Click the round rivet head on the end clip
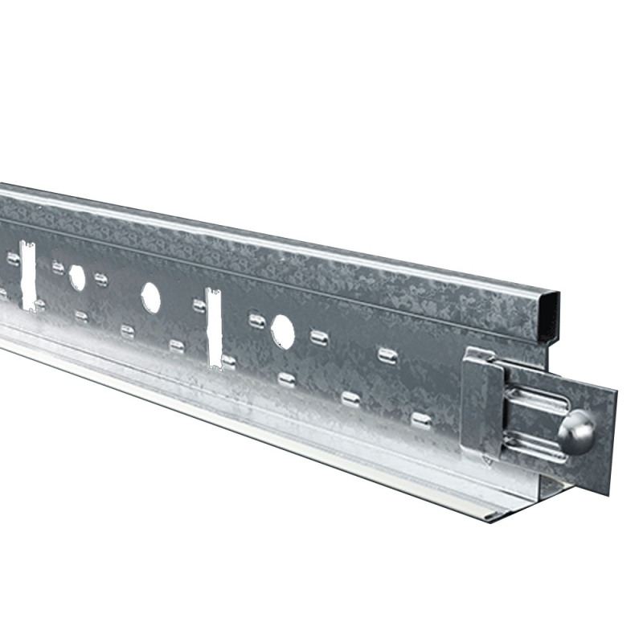coord(576,432)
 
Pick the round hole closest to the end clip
coord(283,331)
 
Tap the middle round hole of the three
coord(150,297)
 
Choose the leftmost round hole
coord(77,278)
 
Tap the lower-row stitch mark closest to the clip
coord(421,420)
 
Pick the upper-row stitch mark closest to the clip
coord(388,354)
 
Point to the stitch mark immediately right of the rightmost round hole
coord(319,337)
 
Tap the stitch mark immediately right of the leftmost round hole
coord(101,279)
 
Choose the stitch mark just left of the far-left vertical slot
coord(14,259)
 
